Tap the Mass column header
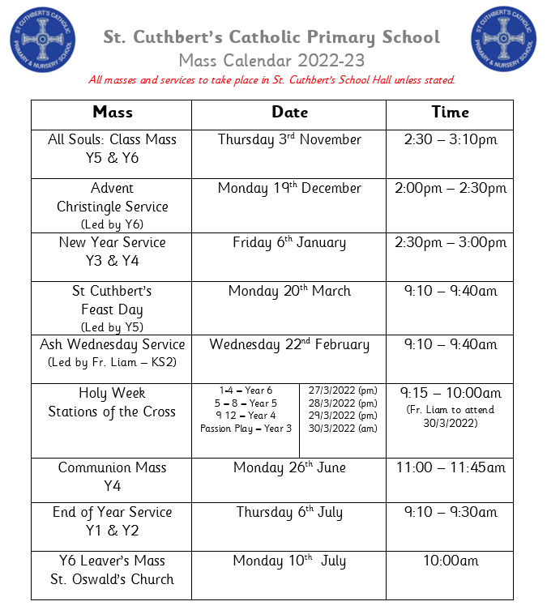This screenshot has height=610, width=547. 113,113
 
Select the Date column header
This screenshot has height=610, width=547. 289,113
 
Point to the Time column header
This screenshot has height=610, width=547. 450,113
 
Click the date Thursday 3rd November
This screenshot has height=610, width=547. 289,139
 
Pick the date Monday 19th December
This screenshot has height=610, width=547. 289,188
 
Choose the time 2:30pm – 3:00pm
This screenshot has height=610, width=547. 450,242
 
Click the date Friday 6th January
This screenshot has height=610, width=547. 289,242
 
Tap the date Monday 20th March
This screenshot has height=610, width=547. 289,291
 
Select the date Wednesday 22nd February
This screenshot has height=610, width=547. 289,344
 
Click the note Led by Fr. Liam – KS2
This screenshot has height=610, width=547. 113,362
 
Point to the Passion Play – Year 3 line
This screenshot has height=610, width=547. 246,429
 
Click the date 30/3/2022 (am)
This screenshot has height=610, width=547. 343,429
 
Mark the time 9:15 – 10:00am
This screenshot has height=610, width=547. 450,394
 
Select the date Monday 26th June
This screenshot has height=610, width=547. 289,467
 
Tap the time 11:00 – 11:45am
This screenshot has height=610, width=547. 450,467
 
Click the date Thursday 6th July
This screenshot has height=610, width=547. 289,512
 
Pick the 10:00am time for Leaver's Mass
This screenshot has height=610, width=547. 450,561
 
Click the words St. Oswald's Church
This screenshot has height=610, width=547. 113,579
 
